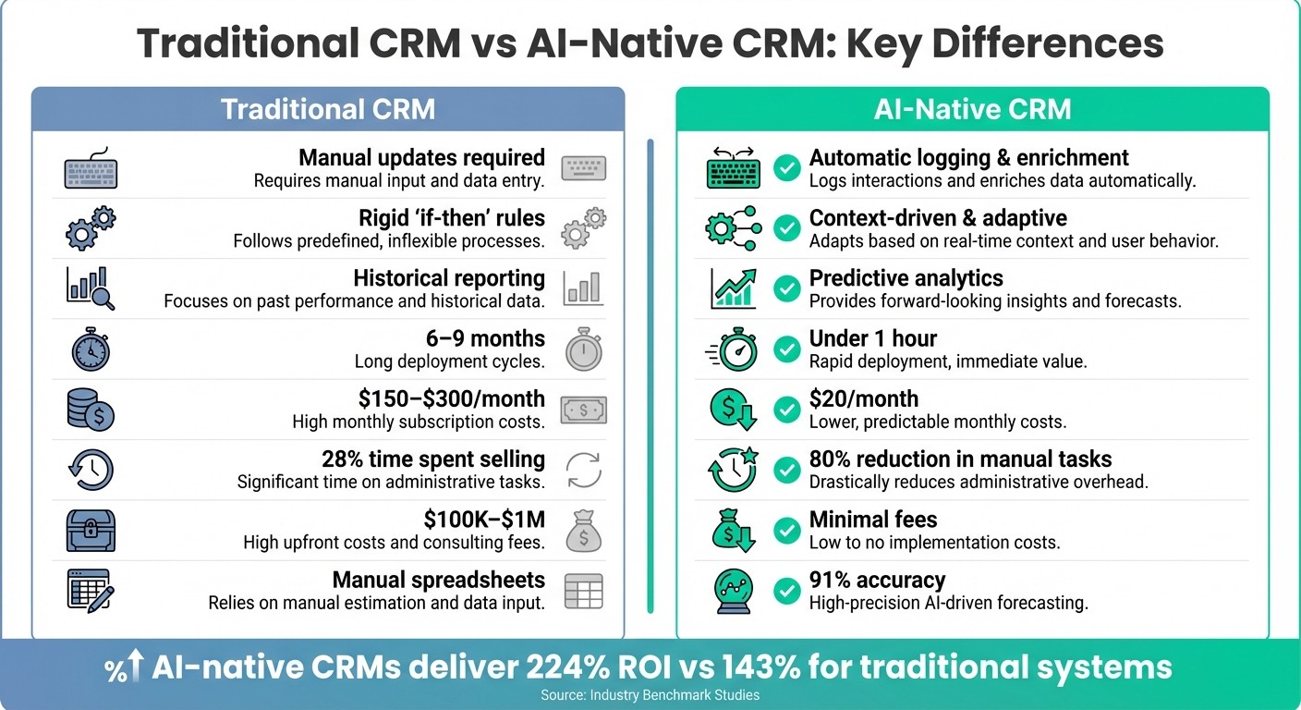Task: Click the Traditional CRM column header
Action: pos(328,109)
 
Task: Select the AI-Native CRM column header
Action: pos(972,109)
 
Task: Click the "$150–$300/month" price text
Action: pos(451,399)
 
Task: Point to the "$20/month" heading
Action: pos(863,398)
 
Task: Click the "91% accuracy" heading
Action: pos(877,580)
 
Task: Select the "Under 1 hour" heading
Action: pos(873,338)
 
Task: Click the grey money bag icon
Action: pos(584,531)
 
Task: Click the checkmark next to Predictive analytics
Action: pos(786,289)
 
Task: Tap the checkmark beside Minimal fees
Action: pos(786,531)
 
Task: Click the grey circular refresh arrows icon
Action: pos(584,470)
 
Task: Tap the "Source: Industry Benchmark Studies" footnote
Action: pos(650,694)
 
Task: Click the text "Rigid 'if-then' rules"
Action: pos(452,218)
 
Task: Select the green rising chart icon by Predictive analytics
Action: pos(734,288)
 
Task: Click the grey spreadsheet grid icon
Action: pos(584,591)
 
